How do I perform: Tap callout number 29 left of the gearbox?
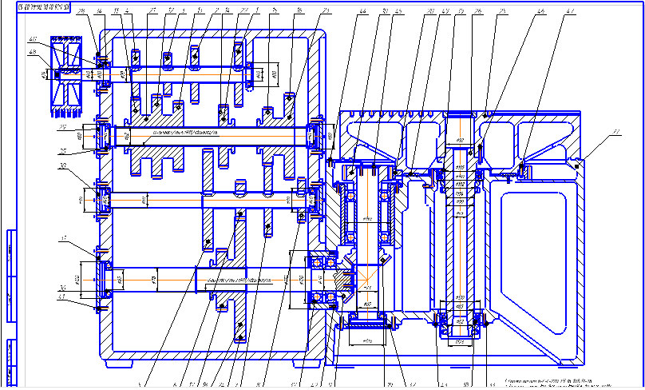click(61, 126)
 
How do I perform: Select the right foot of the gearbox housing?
click(300, 360)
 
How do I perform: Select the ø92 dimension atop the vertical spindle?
click(460, 141)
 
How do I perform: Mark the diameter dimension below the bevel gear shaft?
click(367, 340)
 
